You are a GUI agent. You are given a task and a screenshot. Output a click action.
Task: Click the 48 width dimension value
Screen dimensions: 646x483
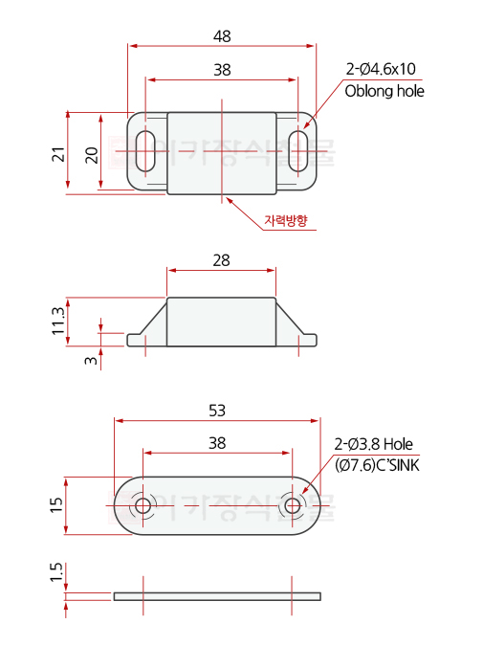click(x=222, y=36)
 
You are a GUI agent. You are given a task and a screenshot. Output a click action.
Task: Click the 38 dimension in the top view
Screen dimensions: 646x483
click(x=222, y=70)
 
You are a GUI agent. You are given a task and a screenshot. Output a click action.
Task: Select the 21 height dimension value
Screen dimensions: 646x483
click(x=58, y=153)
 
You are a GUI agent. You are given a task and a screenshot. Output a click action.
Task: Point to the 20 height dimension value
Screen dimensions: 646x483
click(x=92, y=153)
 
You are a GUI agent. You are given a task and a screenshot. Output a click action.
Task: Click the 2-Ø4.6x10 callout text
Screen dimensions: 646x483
click(x=381, y=69)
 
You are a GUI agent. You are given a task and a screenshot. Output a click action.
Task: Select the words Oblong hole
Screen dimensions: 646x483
click(x=384, y=91)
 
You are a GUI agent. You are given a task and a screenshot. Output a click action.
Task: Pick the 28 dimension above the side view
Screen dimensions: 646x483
click(x=222, y=260)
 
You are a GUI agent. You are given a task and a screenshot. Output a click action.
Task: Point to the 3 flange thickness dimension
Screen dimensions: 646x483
click(x=92, y=360)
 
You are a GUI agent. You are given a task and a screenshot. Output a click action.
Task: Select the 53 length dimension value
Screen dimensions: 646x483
click(x=217, y=411)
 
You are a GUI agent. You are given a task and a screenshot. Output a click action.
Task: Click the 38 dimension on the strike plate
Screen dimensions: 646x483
click(x=217, y=443)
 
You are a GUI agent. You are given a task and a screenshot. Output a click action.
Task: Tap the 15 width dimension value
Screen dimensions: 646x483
click(x=58, y=506)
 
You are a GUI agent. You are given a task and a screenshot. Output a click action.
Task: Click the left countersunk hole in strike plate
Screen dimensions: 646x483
click(x=143, y=506)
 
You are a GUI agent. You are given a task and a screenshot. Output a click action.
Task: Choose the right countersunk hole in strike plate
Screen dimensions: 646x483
click(x=293, y=506)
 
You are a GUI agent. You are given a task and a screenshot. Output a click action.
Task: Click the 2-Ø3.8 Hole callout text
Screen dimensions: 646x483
click(x=374, y=444)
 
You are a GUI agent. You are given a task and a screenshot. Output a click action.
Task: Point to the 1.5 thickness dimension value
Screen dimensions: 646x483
click(x=58, y=575)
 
